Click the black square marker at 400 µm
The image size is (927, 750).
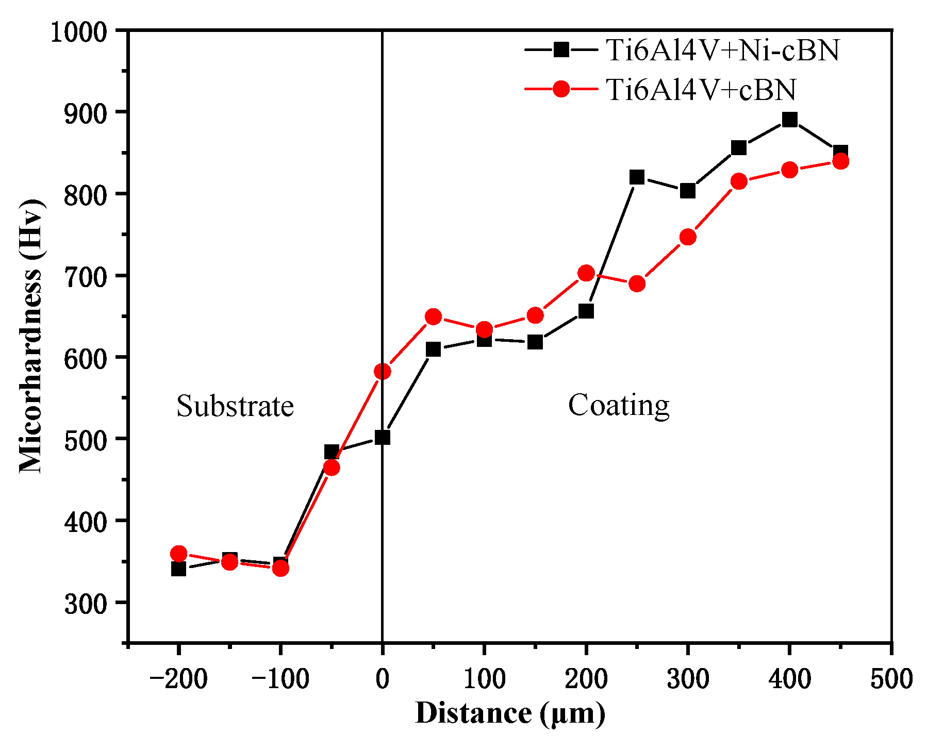pos(789,120)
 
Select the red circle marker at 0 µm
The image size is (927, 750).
pos(382,371)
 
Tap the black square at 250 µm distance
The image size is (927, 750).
pos(637,177)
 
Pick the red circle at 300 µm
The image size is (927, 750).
pos(688,237)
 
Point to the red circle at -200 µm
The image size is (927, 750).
pos(178,554)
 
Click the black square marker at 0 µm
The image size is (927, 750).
pos(382,438)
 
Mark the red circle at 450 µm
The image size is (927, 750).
pos(840,162)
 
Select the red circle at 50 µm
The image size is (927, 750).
pos(433,316)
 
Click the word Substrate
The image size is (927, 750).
pos(235,406)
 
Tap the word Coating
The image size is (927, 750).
pos(619,405)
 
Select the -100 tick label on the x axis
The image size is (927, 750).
pos(280,679)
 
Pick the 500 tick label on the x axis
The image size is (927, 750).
pos(891,679)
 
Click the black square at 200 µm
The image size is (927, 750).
pos(586,311)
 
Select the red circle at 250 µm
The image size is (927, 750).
pos(637,284)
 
